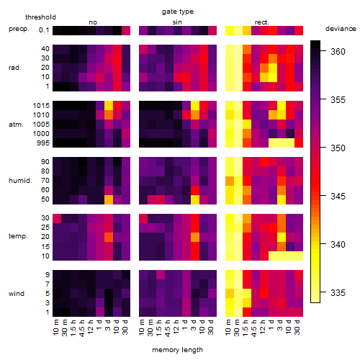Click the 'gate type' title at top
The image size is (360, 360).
point(178,12)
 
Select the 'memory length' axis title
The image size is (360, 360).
point(177,350)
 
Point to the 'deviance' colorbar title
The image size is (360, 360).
point(341,29)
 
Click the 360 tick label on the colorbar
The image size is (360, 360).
point(338,51)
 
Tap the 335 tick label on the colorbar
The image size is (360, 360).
point(338,292)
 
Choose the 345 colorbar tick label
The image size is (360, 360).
point(338,196)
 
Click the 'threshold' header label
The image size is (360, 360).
point(40,17)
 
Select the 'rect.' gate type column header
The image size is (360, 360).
point(261,22)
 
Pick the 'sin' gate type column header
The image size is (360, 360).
point(177,22)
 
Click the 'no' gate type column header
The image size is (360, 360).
point(93,22)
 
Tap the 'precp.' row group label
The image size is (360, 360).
point(19,29)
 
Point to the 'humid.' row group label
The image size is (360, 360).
point(20,181)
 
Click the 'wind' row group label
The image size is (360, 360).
point(17,294)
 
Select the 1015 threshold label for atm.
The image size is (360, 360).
point(41,106)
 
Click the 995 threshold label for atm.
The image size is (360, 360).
point(43,143)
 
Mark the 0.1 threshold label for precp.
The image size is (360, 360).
point(44,30)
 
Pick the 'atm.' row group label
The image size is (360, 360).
point(16,125)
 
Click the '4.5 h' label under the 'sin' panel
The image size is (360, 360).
point(168,328)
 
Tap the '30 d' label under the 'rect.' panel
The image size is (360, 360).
point(297,327)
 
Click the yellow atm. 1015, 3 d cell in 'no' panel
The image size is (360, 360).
point(109,106)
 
